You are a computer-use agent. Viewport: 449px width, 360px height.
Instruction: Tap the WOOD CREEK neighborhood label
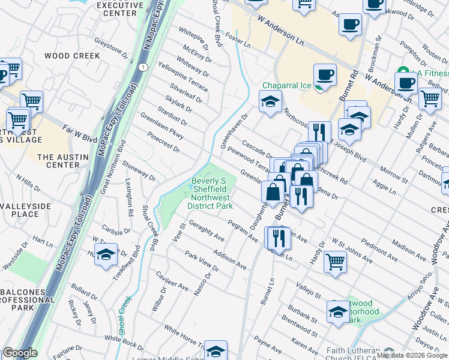(72, 56)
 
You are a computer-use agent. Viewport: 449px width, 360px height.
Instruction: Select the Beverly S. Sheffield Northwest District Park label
(211, 193)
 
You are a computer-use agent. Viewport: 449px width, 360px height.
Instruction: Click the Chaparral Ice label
(286, 86)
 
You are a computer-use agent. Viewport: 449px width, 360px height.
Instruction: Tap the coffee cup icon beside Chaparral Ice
(325, 75)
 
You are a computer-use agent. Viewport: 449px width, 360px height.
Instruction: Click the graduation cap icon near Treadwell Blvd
(106, 254)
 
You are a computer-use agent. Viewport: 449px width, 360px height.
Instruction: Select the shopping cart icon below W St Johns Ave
(335, 261)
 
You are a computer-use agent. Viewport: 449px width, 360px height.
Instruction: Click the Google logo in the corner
(20, 353)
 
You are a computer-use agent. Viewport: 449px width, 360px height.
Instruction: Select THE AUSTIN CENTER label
(63, 161)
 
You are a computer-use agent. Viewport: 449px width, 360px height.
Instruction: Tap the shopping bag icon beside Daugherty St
(273, 191)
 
